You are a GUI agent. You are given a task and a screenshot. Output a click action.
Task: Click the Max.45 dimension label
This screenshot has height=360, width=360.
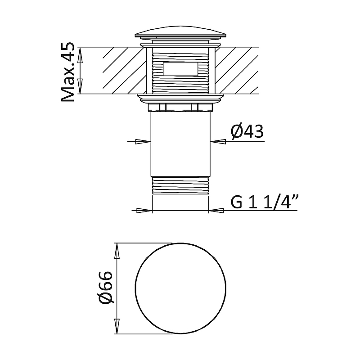click(68, 72)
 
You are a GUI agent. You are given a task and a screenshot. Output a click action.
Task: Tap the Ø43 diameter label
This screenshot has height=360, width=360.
click(247, 132)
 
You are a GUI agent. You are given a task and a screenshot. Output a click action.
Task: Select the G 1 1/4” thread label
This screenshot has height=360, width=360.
click(265, 201)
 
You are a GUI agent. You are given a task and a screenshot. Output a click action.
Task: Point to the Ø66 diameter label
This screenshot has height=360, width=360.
click(106, 288)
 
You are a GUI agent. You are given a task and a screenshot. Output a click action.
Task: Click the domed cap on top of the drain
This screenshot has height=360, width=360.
click(181, 32)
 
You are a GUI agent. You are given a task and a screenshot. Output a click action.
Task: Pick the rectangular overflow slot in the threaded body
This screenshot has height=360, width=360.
click(180, 69)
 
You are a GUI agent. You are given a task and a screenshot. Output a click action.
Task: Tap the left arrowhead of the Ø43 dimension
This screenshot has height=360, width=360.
click(143, 142)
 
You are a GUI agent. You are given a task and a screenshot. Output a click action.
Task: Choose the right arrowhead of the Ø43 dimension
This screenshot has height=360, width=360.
click(218, 142)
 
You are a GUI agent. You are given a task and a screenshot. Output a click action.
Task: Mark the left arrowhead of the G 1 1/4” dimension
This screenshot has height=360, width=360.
click(144, 210)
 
